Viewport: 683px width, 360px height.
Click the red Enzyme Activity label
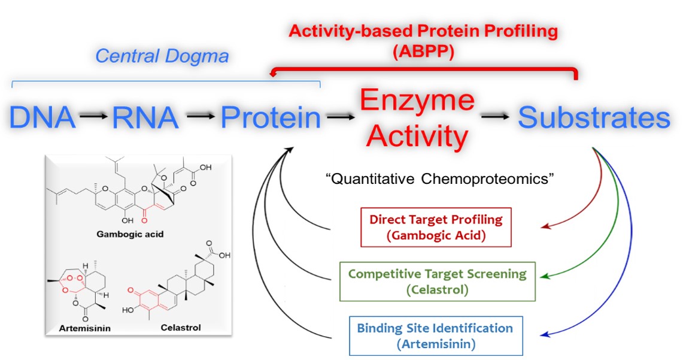[417, 118]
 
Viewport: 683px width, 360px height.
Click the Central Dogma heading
[162, 56]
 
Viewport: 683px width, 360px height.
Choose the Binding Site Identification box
[435, 335]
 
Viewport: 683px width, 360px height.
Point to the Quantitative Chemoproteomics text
[438, 180]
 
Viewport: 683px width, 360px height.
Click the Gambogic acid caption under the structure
[130, 234]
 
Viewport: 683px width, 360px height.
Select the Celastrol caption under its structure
[181, 328]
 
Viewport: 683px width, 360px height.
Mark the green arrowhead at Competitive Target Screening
[544, 277]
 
